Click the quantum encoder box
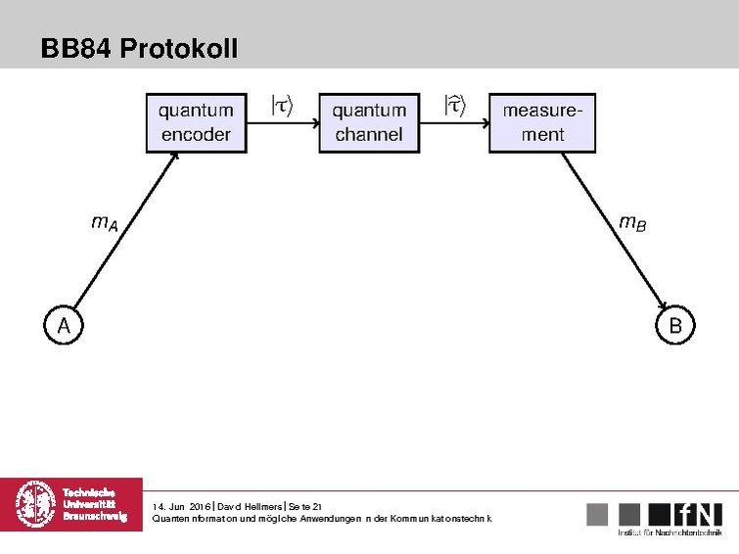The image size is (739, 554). [195, 123]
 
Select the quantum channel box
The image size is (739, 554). [369, 123]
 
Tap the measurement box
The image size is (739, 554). [542, 123]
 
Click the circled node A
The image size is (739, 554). [63, 325]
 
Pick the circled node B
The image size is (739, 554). [674, 325]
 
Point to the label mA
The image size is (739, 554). [105, 224]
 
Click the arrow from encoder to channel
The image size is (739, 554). [281, 124]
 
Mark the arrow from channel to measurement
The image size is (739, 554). [454, 124]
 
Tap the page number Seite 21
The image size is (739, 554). [305, 506]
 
